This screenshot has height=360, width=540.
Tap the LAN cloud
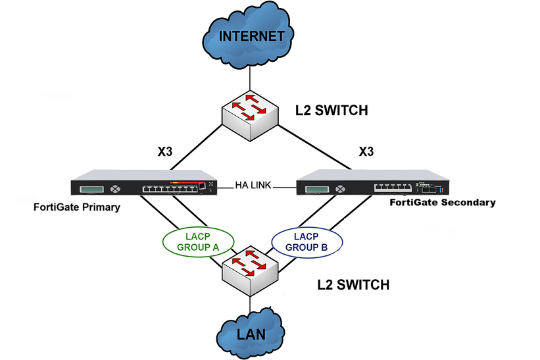tap(250, 334)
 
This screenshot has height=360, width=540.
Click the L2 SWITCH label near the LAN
tap(353, 285)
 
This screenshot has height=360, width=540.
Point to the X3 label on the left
tap(166, 151)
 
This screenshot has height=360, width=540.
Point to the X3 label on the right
tap(366, 151)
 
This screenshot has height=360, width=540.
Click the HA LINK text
tap(256, 186)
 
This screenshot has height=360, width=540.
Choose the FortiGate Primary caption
tap(76, 207)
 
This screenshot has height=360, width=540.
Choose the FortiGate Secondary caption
tap(442, 203)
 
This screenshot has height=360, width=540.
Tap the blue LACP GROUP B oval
tap(307, 242)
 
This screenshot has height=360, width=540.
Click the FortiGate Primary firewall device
tap(145, 186)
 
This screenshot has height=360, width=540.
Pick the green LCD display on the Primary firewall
tap(92, 190)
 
